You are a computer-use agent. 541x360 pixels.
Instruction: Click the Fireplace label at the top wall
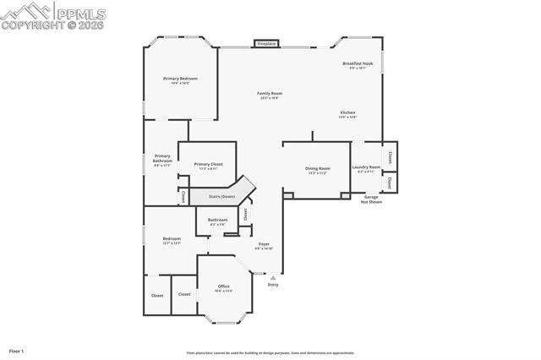coord(266,43)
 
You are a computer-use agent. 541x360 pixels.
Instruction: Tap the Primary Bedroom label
coord(180,79)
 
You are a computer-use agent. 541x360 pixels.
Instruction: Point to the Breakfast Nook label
coord(358,63)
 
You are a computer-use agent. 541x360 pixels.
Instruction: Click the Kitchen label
coord(347,112)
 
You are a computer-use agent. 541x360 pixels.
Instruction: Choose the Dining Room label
coord(317,168)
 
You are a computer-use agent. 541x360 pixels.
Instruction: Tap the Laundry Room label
coord(366,167)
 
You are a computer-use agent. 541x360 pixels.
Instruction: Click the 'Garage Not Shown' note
coord(370,199)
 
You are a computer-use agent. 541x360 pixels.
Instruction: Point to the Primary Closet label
coord(208,164)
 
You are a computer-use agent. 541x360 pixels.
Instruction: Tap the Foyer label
coord(264,244)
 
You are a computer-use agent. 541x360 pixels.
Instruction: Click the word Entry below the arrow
coord(272,285)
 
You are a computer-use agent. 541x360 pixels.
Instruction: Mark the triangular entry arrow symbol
coord(272,276)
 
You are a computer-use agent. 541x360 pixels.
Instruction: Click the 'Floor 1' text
coord(17,350)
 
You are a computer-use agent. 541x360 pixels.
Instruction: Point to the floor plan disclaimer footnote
coord(270,353)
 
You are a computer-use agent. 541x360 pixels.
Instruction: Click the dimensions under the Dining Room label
coord(317,172)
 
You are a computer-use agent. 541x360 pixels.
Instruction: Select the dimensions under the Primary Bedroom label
coord(180,83)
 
